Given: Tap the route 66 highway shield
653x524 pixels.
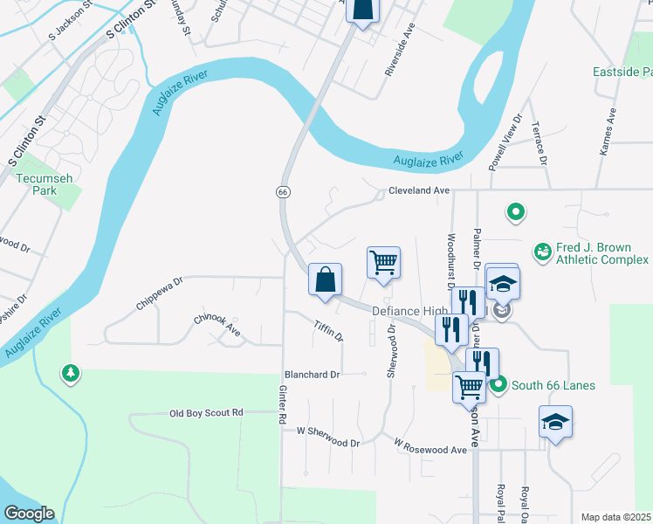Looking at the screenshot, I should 283,192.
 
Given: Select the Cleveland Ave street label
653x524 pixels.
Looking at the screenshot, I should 419,190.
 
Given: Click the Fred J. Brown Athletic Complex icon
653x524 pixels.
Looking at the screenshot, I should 543,251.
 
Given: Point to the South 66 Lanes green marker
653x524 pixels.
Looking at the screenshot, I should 498,385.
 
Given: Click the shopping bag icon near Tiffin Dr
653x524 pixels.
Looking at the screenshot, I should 325,280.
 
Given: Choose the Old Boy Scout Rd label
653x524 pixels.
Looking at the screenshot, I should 206,412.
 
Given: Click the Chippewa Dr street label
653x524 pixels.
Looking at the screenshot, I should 159,293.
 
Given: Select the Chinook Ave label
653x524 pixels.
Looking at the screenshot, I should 217,326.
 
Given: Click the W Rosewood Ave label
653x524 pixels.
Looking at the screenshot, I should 430,447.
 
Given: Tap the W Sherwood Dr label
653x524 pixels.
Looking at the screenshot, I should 328,437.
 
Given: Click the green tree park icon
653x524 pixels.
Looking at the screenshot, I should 70,374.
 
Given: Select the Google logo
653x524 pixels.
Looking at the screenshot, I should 29,514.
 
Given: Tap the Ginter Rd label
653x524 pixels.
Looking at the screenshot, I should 283,406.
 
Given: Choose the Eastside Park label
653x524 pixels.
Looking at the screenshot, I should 622,71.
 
